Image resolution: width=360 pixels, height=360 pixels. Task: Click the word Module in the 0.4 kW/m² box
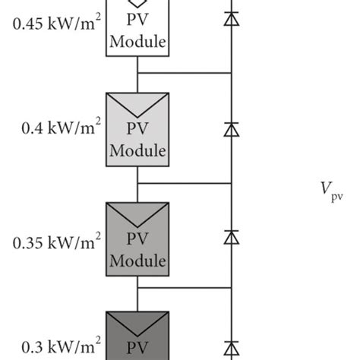tap(137, 150)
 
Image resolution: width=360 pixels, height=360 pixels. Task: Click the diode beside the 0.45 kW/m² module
tap(230, 20)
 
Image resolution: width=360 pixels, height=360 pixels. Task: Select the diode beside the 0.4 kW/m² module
tap(230, 129)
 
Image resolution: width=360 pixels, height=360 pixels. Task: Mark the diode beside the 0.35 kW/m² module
tap(230, 238)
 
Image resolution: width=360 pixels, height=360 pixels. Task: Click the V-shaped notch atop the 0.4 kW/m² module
tap(137, 103)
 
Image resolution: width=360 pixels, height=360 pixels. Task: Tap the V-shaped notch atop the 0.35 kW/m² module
tap(137, 213)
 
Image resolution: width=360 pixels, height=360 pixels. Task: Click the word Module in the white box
tap(137, 42)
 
